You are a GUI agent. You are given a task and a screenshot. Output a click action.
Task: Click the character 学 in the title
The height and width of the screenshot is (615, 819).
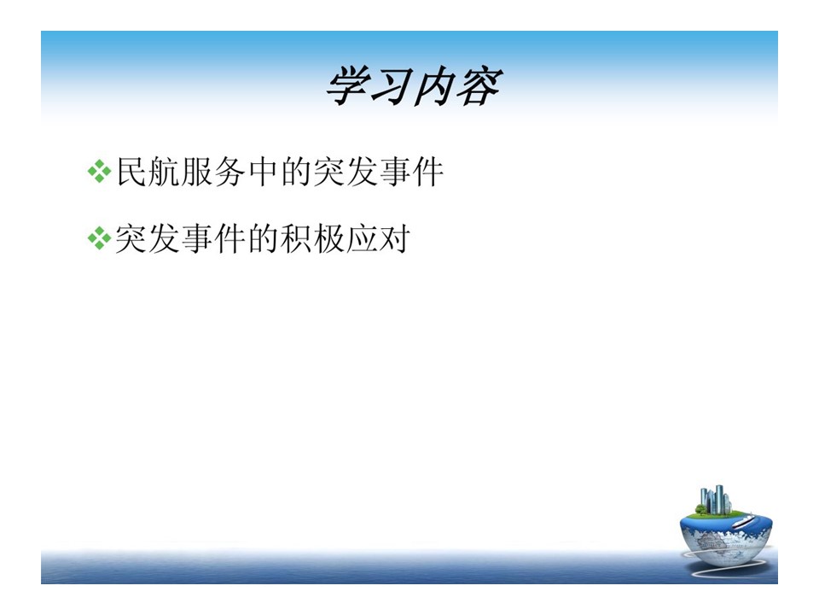coord(349,86)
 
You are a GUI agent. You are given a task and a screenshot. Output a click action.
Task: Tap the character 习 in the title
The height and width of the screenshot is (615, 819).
coord(392,86)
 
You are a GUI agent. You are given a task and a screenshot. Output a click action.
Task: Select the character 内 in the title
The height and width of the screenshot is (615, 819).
coord(434,86)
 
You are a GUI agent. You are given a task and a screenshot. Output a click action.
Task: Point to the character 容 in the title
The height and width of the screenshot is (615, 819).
coord(479,86)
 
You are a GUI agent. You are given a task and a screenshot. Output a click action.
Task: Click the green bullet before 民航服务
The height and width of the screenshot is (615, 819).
coord(99,172)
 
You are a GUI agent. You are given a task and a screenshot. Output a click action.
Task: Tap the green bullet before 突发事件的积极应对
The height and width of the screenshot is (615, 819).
coord(99,239)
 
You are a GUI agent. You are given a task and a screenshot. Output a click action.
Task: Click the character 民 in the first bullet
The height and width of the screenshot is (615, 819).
coord(131,172)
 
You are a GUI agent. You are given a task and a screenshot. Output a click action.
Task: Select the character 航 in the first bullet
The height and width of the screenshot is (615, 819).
coord(165,172)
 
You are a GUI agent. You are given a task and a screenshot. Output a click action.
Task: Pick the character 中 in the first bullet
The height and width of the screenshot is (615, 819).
coord(263,172)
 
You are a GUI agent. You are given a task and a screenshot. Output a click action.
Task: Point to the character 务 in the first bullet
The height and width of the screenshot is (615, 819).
coord(229,172)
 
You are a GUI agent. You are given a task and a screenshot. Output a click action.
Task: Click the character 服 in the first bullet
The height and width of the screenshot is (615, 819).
coord(197,172)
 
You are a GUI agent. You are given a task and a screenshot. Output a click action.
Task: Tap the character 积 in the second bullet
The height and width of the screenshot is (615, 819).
coord(296,239)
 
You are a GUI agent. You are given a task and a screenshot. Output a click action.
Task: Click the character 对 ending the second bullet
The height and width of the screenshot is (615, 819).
coord(394,239)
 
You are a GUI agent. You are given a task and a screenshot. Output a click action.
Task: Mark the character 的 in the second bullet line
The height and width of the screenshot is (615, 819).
coord(264,239)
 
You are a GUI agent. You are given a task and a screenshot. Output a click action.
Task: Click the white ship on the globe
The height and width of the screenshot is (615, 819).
coord(744,521)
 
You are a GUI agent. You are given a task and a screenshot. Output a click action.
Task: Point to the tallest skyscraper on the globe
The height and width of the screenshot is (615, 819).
coord(719,498)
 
